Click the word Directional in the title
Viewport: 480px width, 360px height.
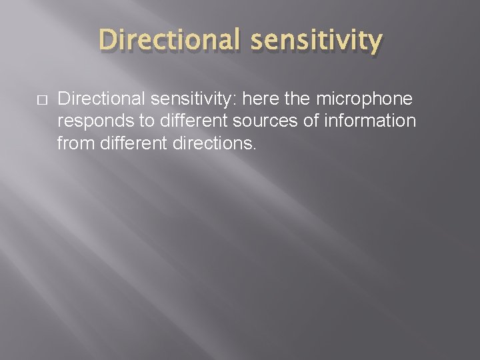click(166, 41)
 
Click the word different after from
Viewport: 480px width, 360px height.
click(125, 142)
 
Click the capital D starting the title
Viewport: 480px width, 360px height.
click(107, 41)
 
